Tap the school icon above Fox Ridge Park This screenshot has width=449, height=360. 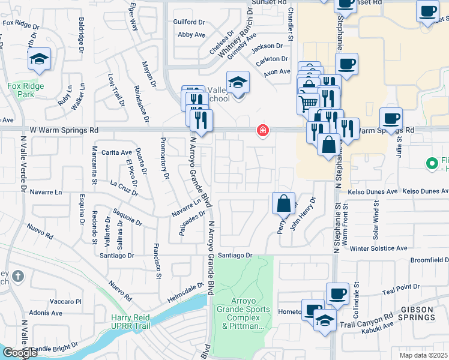[39, 59]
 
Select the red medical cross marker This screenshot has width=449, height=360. [262, 130]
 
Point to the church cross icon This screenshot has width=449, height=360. [19, 277]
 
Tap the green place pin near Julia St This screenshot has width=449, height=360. [431, 163]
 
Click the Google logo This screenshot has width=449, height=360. [19, 353]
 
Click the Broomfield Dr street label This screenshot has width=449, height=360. [429, 260]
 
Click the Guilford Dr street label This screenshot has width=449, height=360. [189, 22]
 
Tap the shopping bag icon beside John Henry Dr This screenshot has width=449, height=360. [283, 203]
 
